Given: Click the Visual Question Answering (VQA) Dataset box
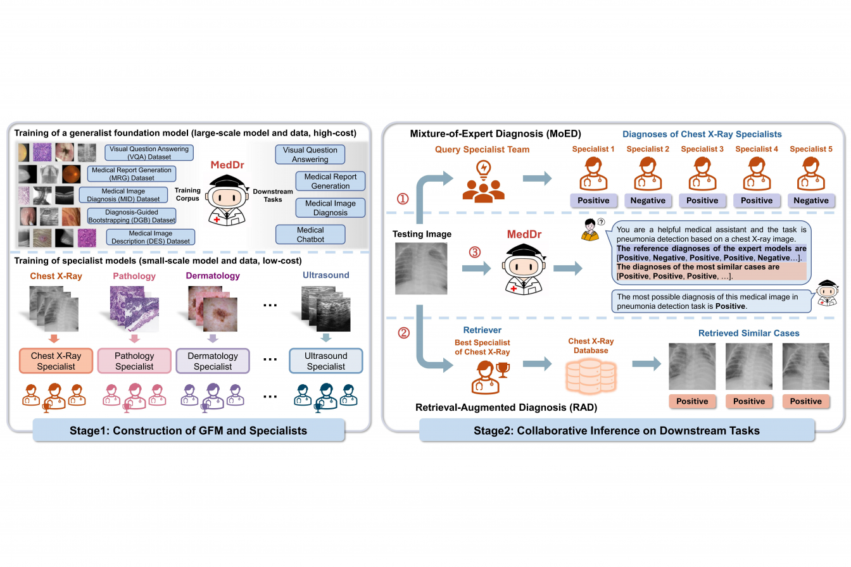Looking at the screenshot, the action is click(x=149, y=153).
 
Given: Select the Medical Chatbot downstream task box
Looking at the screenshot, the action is click(x=310, y=234).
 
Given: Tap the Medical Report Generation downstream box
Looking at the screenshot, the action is click(x=330, y=181).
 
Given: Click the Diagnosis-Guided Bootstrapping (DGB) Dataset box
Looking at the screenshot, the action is click(x=132, y=216).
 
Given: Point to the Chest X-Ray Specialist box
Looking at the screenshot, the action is click(x=56, y=361).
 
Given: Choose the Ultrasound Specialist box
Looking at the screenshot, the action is click(x=325, y=361).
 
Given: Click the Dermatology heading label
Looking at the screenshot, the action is click(x=213, y=276).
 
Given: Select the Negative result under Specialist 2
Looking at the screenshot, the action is click(x=648, y=201).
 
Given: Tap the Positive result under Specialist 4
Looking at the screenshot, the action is click(x=757, y=201).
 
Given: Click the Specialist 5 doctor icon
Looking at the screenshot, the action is click(x=810, y=174).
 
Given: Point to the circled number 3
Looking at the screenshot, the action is click(x=474, y=252).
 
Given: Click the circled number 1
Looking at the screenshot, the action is click(x=403, y=199).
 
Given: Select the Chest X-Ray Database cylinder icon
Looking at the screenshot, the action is click(x=591, y=377).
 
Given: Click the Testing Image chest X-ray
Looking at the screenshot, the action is click(x=421, y=268).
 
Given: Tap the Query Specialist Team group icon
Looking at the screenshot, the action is click(x=483, y=182).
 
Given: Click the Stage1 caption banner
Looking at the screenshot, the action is click(x=189, y=430).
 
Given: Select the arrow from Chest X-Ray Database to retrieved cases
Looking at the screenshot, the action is click(x=646, y=364).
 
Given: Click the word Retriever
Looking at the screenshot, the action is click(x=482, y=330).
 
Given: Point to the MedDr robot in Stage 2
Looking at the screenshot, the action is click(x=524, y=270).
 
